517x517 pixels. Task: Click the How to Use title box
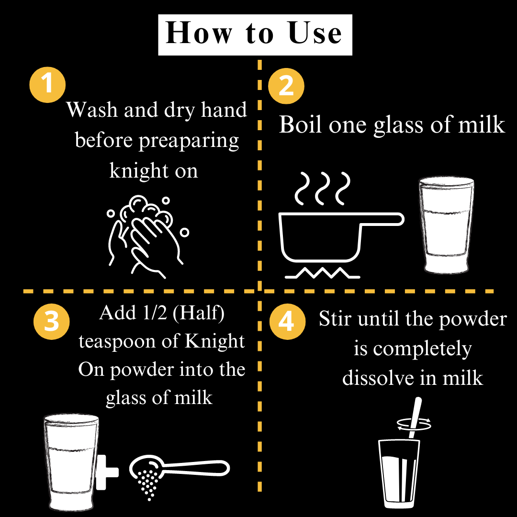[255, 34]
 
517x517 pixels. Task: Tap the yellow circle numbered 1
[47, 85]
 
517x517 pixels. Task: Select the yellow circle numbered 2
[286, 86]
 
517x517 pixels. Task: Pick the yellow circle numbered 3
[51, 322]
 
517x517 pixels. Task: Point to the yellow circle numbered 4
[287, 322]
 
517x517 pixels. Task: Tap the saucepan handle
[382, 219]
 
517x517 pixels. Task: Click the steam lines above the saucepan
[322, 188]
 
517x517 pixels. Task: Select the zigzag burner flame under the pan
[322, 273]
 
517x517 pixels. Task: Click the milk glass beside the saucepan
[447, 225]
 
